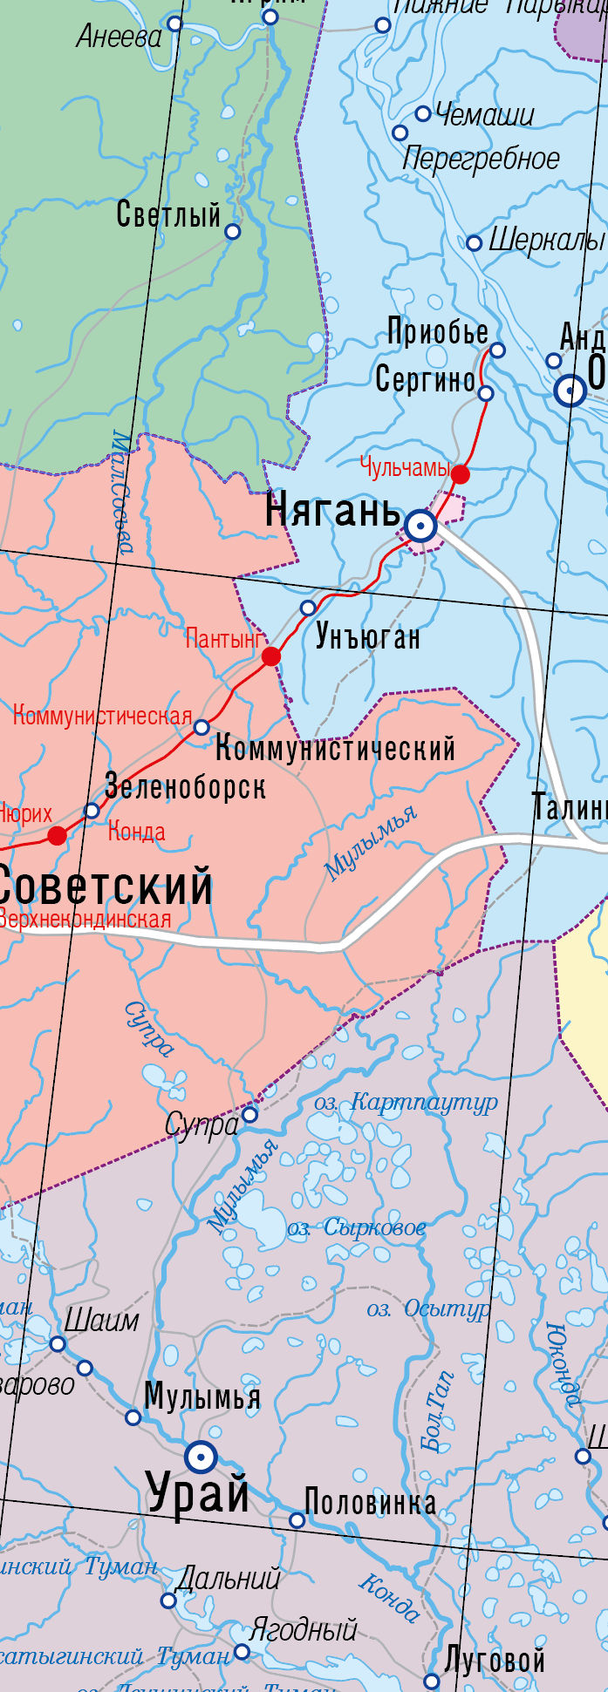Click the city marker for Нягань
pos(421,526)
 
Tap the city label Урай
pos(199,1491)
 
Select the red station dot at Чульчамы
pos(461,474)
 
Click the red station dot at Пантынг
pos(271,656)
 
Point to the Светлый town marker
pos(233,231)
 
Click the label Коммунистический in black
pos(336,748)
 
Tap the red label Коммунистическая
pos(102,717)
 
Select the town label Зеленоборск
pos(186,786)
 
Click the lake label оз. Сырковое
pos(357,1228)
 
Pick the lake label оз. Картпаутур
pos(406,1103)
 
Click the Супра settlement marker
pos(250,1114)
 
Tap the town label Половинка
pos(371,1502)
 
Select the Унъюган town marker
pos(308,608)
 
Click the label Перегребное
pos(481,159)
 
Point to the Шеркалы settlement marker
pos(474,243)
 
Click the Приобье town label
pos(438,332)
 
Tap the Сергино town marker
pos(486,393)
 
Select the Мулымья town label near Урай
pos(202,1396)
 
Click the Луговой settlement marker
pos(431,1681)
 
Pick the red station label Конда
pos(136,832)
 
